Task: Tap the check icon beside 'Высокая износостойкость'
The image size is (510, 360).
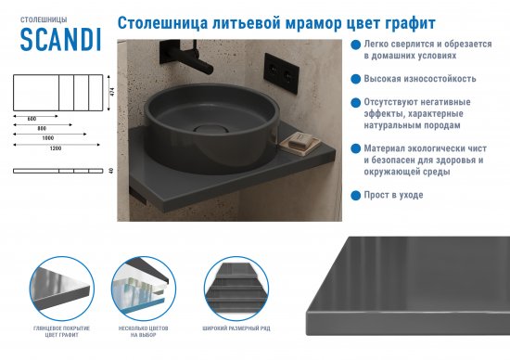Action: pyautogui.click(x=356, y=79)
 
